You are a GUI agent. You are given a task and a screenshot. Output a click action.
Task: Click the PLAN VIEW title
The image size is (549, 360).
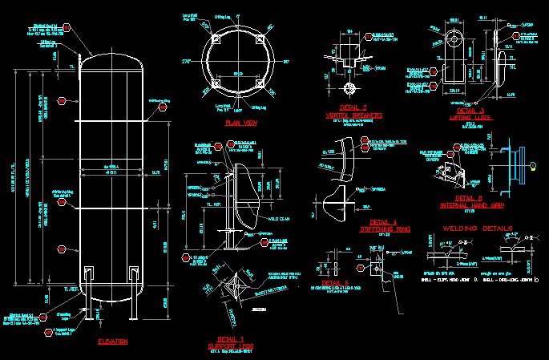(x=240, y=123)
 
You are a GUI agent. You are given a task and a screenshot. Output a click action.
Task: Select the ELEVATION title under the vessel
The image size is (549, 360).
(x=112, y=342)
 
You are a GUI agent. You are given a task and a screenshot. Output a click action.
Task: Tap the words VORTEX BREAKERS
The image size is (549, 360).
(x=353, y=115)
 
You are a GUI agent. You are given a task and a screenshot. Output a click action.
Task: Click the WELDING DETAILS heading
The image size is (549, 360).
(x=477, y=229)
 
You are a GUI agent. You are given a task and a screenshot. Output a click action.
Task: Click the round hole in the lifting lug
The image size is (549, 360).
(x=454, y=39)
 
